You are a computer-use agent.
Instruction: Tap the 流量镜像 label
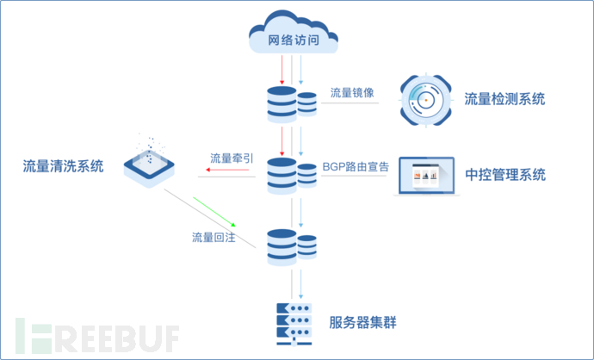pos(352,92)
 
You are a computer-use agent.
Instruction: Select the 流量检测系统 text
pos(504,99)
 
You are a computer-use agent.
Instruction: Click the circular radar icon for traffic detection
pos(426,100)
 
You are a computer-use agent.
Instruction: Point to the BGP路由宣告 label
pos(356,167)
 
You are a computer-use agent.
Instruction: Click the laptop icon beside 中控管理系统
pos(426,177)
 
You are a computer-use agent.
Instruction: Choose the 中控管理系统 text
pos(505,175)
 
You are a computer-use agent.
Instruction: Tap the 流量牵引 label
pos(232,158)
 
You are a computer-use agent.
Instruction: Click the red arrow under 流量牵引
pos(227,170)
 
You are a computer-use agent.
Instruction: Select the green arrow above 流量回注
pos(214,212)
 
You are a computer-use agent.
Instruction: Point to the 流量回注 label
pos(213,238)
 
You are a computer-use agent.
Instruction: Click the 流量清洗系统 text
pos(63,166)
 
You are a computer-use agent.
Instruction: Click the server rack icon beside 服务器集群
pos(294,325)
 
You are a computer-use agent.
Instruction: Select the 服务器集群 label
pos(362,323)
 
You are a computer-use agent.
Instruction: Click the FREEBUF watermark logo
pos(97,336)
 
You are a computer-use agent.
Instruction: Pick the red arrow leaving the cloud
pos(282,70)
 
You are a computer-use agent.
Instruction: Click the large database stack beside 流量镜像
pos(282,104)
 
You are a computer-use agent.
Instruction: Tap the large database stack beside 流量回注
pos(282,247)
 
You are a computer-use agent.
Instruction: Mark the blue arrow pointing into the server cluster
pos(300,284)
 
